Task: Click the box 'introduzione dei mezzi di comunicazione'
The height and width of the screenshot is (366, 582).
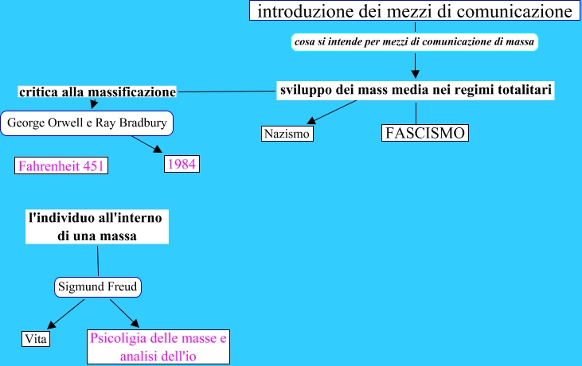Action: (415, 12)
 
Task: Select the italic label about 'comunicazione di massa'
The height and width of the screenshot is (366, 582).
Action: (414, 40)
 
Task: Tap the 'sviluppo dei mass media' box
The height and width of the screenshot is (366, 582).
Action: (416, 90)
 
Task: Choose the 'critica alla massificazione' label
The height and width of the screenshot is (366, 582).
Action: (96, 92)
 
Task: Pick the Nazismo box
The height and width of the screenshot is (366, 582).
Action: (287, 134)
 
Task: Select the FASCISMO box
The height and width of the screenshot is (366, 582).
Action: (424, 132)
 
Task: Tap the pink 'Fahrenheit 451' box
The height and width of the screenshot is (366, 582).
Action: (61, 165)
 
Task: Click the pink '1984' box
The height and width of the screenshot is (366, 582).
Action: (181, 163)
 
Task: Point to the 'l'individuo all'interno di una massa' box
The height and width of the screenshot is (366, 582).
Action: (98, 226)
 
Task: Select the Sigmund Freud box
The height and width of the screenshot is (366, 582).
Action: (97, 287)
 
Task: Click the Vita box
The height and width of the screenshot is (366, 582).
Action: (36, 338)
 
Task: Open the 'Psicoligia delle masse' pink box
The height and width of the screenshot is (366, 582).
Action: (158, 348)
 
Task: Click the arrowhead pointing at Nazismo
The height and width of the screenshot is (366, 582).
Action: (311, 119)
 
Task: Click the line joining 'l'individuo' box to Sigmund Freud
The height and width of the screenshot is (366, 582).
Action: (98, 260)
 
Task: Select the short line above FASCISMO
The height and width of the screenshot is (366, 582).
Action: (416, 112)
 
